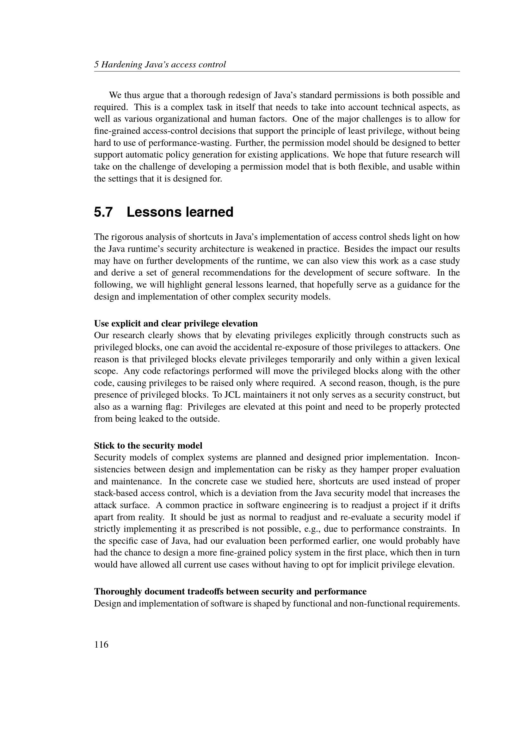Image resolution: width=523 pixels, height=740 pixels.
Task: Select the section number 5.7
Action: tap(103, 212)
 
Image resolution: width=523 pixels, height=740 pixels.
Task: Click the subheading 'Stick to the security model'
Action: tap(148, 445)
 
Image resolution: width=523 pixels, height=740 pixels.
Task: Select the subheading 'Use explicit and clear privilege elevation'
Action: tap(176, 323)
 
